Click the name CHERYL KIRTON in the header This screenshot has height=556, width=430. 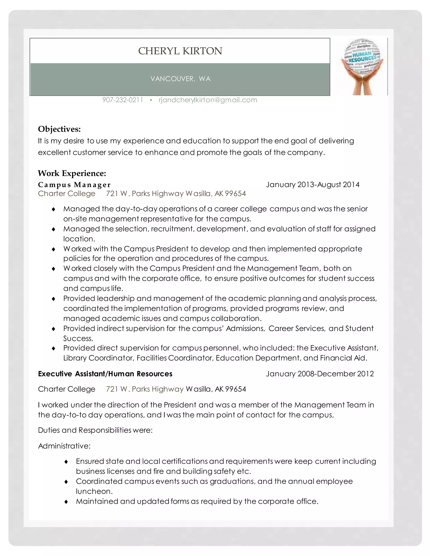[180, 51]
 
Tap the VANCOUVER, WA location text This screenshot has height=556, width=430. [180, 79]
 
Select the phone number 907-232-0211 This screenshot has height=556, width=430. [123, 100]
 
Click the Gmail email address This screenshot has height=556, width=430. [208, 100]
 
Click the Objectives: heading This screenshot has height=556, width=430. [59, 129]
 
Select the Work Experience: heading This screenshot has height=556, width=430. [72, 173]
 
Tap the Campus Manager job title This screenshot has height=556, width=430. [74, 185]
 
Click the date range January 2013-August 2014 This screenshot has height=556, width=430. [313, 185]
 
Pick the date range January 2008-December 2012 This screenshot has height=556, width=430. [320, 374]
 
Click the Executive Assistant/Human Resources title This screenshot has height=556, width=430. [105, 374]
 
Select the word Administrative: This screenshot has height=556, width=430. [64, 446]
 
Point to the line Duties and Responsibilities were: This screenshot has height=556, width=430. [95, 430]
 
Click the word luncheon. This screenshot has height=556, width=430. [94, 491]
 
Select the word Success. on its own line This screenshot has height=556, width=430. [78, 338]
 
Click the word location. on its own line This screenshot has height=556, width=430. [79, 239]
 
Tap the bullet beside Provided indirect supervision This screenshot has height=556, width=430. [54, 329]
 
